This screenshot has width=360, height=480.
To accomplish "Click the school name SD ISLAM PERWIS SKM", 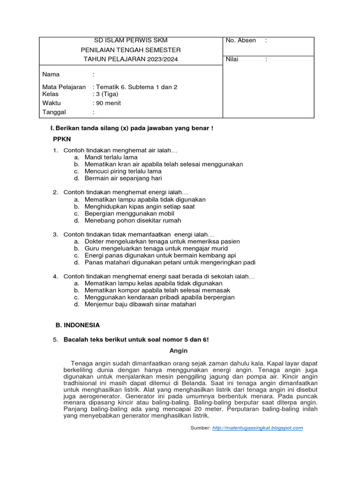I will [131, 40].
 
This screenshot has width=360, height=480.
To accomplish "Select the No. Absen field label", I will [240, 40].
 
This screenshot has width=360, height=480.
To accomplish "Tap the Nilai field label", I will [232, 59].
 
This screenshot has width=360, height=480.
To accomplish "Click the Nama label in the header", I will [51, 75].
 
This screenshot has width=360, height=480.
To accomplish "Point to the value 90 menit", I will [108, 103].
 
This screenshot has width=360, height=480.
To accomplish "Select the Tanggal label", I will [54, 112].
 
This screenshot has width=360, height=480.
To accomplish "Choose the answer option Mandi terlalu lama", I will [111, 157].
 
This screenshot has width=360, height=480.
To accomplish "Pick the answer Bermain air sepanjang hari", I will [123, 179].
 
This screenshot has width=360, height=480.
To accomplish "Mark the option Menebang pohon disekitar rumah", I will [133, 220].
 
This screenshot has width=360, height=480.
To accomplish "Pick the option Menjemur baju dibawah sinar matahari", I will [140, 304].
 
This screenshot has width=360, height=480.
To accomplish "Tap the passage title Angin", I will [178, 351].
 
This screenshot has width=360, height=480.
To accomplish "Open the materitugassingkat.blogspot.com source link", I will [257, 428].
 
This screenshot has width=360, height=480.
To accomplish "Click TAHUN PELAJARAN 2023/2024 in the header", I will [131, 59].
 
